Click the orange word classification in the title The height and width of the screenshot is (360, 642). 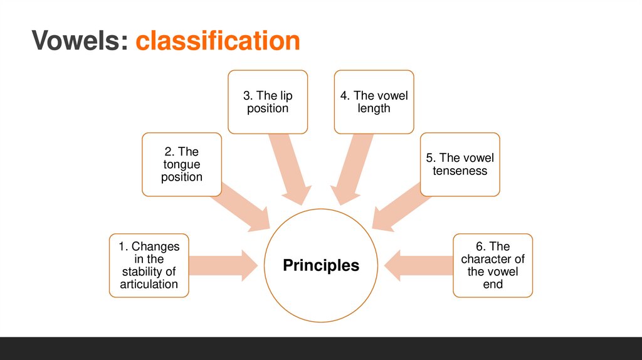point(218,41)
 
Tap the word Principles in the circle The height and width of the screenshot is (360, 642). point(321,265)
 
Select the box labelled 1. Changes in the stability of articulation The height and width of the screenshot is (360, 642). point(149,265)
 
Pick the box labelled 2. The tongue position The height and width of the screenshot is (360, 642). point(181,164)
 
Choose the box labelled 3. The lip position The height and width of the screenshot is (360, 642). point(268,102)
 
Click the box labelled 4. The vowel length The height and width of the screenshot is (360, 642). point(374,102)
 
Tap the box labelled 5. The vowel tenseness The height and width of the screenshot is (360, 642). point(460,164)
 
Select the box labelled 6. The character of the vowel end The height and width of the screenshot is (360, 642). point(493,265)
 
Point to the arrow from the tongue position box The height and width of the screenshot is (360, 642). point(241,209)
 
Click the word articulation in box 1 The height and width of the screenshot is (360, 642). point(149,284)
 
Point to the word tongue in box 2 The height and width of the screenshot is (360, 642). point(182,164)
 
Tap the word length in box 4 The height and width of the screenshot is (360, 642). point(374,109)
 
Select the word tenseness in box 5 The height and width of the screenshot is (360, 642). point(460,171)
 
